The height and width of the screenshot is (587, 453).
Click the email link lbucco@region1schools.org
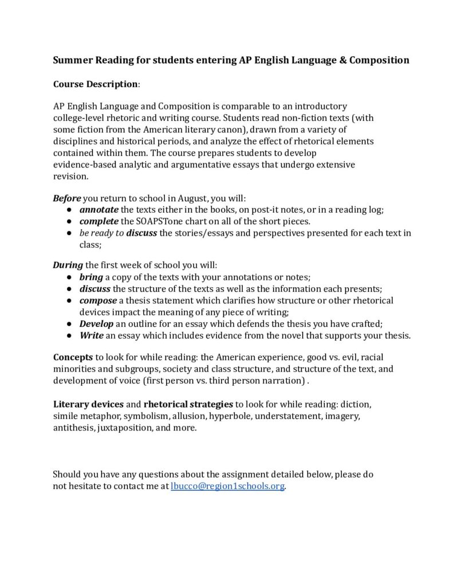point(227,486)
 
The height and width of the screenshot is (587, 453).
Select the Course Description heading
point(96,84)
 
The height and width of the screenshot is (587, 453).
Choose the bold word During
point(67,265)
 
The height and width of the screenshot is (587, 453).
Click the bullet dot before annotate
point(68,210)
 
